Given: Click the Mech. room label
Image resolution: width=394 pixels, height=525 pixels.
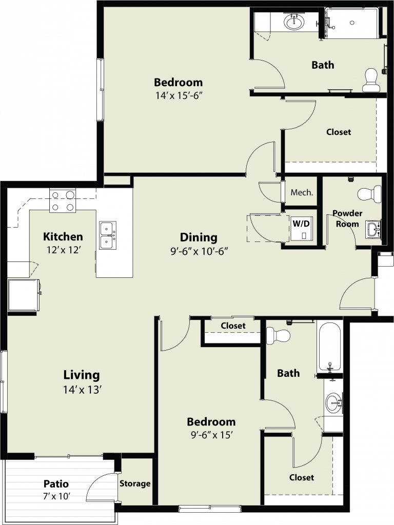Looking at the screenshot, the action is click(x=302, y=193).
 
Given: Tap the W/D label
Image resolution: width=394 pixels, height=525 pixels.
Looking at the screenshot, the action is click(x=301, y=224).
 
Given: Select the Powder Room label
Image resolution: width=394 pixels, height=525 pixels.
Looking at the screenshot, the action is click(x=347, y=218).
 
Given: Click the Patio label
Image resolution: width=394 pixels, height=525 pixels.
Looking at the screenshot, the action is click(x=56, y=484).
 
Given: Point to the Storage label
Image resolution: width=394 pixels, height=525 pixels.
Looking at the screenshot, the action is click(x=135, y=483).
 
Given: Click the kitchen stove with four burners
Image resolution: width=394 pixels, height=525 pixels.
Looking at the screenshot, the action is click(x=63, y=200).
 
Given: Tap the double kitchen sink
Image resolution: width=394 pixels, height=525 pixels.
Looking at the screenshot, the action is click(x=108, y=235).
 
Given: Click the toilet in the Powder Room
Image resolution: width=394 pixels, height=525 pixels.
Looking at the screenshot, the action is click(x=369, y=194).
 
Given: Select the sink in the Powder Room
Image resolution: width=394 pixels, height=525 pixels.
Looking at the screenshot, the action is click(x=373, y=230).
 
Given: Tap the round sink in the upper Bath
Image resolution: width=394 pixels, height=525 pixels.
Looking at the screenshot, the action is click(x=294, y=22).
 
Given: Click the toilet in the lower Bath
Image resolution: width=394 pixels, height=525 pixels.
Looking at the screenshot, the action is click(x=278, y=335).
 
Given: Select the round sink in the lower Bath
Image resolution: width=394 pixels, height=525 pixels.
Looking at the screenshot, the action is click(x=333, y=402).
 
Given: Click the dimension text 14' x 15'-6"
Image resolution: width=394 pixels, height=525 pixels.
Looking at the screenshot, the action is click(x=179, y=96).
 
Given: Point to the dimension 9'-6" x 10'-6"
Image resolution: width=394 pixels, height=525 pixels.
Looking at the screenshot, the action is click(x=199, y=251).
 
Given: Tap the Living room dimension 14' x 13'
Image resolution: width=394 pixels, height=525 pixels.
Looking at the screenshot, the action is click(x=83, y=390).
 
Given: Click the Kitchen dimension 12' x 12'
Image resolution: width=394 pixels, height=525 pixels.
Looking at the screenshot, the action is click(x=63, y=250).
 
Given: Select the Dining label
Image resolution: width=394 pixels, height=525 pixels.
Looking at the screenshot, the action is click(x=199, y=237).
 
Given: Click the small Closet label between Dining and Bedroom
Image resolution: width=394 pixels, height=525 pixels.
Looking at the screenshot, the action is click(x=233, y=326).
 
